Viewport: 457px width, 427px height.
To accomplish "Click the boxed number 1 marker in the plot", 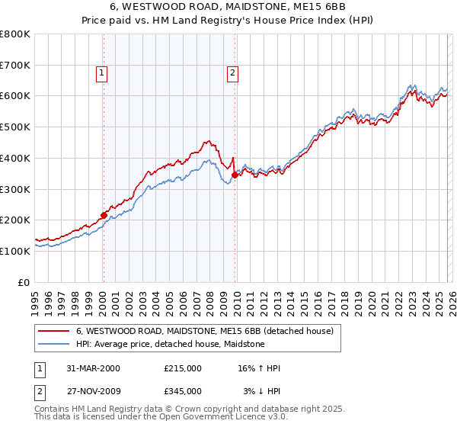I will (102, 73).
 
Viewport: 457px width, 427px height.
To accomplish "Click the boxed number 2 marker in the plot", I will (232, 73).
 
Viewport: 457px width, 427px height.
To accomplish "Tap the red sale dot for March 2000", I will (104, 215).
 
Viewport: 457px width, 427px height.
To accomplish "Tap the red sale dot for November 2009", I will (235, 175).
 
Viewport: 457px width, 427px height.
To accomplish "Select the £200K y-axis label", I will (15, 220).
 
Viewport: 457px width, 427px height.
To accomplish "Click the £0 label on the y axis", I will (23, 282).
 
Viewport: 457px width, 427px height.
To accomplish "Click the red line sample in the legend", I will (53, 332).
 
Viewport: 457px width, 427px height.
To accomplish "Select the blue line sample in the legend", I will (53, 344).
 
